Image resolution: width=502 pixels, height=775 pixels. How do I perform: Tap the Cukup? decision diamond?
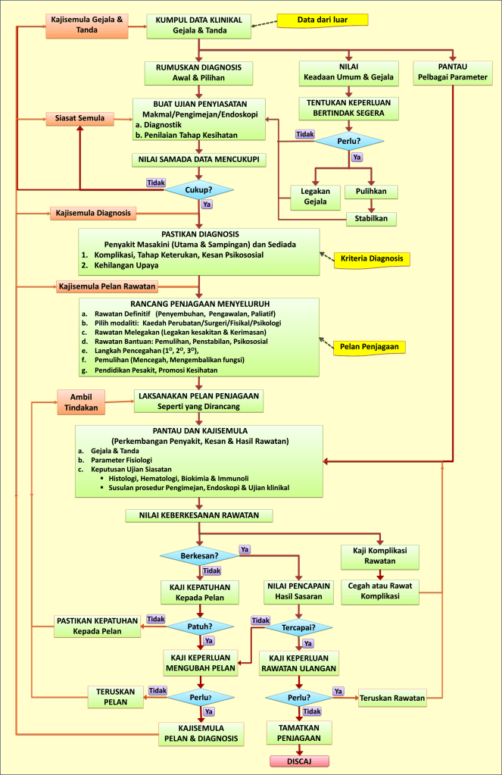tap(199, 189)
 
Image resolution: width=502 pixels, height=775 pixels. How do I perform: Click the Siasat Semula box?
tap(80, 119)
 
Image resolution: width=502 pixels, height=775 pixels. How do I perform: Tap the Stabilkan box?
tap(371, 219)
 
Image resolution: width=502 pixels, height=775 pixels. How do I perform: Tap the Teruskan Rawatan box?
tap(391, 697)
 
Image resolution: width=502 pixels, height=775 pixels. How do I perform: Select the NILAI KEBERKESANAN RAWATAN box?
tap(198, 515)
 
